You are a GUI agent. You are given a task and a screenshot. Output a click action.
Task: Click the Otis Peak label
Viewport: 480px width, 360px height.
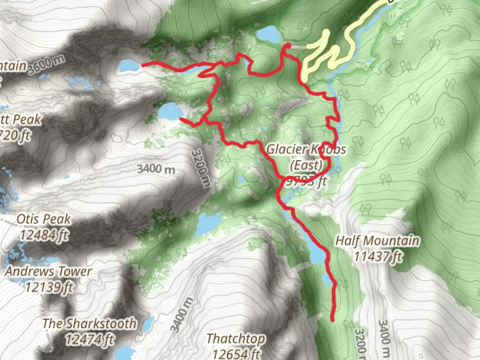[x=44, y=219]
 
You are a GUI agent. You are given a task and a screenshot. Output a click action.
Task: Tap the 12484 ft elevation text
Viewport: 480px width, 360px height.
[x=44, y=235]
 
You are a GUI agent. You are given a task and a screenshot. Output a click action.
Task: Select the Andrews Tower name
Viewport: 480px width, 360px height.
[x=48, y=271]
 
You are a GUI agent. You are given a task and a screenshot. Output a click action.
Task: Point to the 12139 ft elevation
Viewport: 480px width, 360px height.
[x=49, y=287]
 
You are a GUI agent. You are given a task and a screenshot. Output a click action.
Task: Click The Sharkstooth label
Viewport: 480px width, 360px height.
[x=89, y=323]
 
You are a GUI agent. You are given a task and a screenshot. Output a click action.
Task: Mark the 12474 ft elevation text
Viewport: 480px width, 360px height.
[x=89, y=339]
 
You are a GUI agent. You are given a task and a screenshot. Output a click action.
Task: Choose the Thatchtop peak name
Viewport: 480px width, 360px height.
[x=236, y=339]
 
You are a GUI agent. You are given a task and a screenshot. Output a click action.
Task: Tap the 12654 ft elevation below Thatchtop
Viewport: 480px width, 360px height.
[x=236, y=353]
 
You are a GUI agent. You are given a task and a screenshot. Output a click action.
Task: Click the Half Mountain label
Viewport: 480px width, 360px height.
[x=377, y=241]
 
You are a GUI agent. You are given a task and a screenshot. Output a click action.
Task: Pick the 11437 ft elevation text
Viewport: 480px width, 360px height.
[x=377, y=256]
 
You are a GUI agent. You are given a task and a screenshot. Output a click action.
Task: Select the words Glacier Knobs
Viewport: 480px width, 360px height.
[x=306, y=149]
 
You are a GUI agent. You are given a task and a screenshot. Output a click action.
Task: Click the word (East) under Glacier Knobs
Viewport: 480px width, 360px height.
[x=306, y=165]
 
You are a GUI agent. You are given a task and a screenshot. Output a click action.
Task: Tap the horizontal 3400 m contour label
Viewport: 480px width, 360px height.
[x=156, y=169]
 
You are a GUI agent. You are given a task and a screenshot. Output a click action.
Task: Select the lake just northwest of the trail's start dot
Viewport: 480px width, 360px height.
[x=268, y=34]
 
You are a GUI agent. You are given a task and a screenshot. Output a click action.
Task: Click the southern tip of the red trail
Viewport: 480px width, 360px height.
[x=332, y=320]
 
